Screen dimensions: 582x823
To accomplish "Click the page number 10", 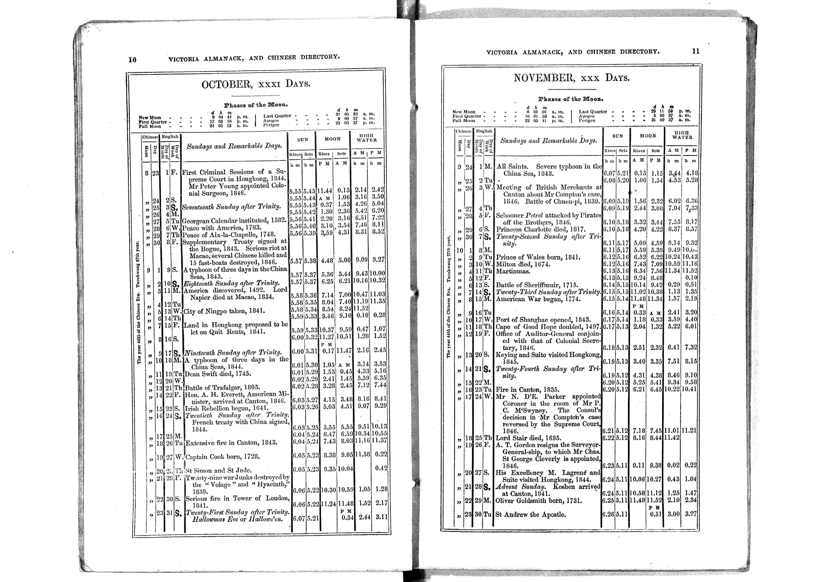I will [x=132, y=59].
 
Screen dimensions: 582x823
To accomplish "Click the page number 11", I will [x=695, y=51].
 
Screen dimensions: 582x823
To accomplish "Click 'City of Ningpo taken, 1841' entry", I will [x=224, y=311].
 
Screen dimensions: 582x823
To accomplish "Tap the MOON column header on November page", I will [x=648, y=136].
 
